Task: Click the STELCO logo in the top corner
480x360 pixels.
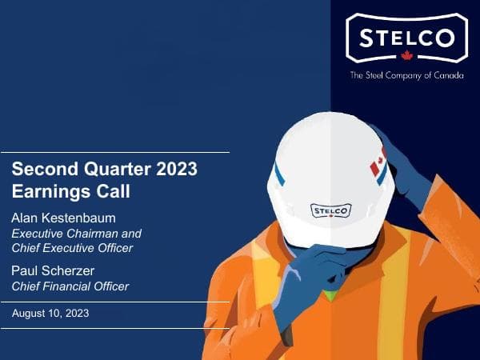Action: (x=406, y=38)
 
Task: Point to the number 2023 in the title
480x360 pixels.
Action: (x=173, y=170)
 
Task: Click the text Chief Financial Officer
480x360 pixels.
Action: (x=70, y=286)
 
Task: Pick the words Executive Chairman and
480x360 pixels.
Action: (x=76, y=234)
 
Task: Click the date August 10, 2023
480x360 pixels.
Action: (x=50, y=314)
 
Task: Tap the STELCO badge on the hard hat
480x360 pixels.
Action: (x=330, y=210)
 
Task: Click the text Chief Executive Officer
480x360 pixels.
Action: (x=72, y=248)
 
